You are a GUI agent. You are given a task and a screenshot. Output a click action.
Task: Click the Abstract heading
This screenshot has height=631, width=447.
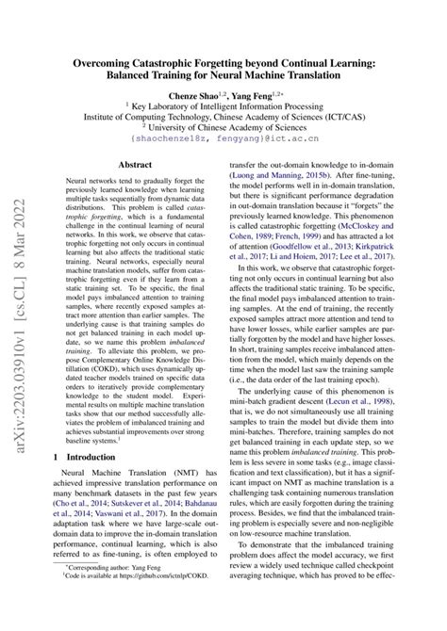(x=134, y=164)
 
